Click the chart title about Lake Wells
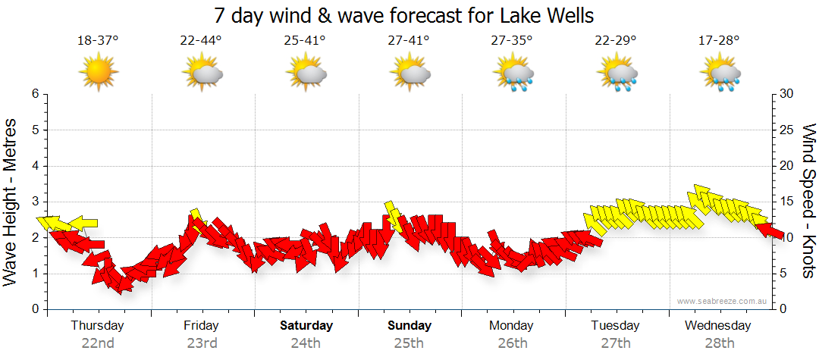pyautogui.click(x=404, y=15)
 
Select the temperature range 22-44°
pyautogui.click(x=201, y=40)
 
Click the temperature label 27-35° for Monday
pyautogui.click(x=512, y=40)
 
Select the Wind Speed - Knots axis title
pyautogui.click(x=808, y=201)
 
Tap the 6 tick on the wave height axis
pyautogui.click(x=35, y=94)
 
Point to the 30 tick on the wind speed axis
pyautogui.click(x=786, y=94)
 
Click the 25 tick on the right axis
pyautogui.click(x=786, y=130)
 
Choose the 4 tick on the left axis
pyautogui.click(x=35, y=166)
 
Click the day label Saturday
pyautogui.click(x=306, y=326)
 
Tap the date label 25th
pyautogui.click(x=409, y=343)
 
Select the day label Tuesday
pyautogui.click(x=615, y=326)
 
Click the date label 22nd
pyautogui.click(x=98, y=343)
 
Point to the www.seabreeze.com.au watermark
pyautogui.click(x=723, y=302)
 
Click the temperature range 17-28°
pyautogui.click(x=719, y=40)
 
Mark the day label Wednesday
pyautogui.click(x=717, y=326)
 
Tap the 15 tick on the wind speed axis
pyautogui.click(x=786, y=202)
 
